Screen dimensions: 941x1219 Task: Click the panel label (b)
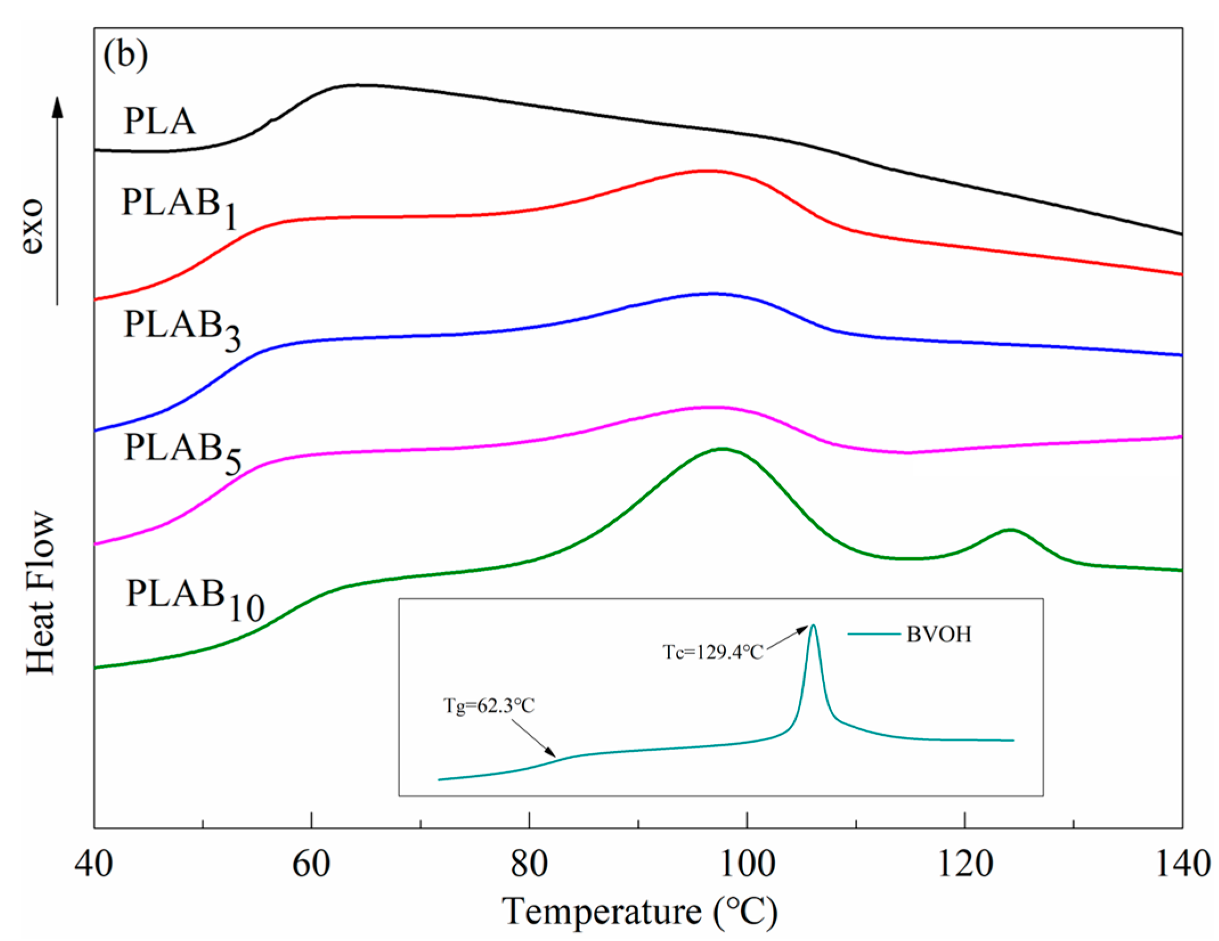126,56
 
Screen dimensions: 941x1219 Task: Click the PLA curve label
160,121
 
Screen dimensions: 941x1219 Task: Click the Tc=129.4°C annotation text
712,652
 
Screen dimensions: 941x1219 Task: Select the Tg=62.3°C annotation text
489,706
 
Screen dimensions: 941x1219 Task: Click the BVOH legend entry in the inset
938,634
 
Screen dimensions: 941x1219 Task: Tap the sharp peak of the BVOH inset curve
813,626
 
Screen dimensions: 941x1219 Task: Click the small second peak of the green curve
1010,530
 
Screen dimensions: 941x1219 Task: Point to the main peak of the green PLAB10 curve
722,449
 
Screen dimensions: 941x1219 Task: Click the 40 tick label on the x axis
93,864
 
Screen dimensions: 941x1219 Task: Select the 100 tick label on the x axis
747,864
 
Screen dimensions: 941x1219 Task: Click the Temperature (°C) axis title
639,911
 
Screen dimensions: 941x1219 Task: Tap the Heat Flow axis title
41,593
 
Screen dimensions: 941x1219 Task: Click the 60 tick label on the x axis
311,864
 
